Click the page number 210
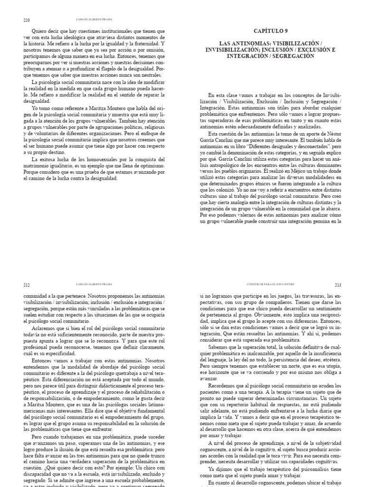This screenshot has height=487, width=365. [x=26, y=20]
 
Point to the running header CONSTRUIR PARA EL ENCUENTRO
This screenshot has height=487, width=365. [x=270, y=284]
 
